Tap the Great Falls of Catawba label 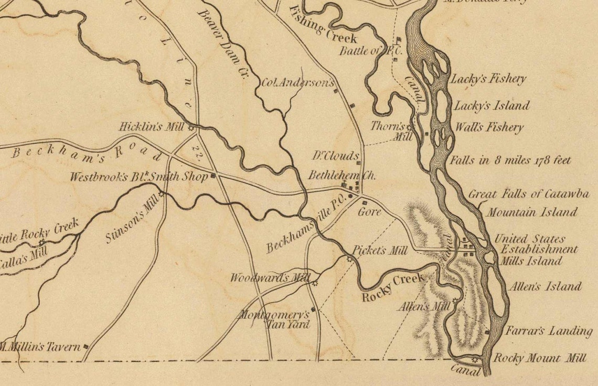coord(528,194)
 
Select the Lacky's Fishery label coord(487,79)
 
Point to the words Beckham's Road coord(87,153)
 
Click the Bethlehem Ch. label coord(335,175)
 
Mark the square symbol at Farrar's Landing coord(487,332)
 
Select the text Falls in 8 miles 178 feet coord(510,160)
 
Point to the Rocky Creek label coord(392,288)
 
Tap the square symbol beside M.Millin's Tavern coord(86,346)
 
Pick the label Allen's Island coord(544,286)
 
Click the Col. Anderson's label coord(297,82)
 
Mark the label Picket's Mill coord(380,251)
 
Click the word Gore coord(369,212)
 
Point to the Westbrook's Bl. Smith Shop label coord(138,177)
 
